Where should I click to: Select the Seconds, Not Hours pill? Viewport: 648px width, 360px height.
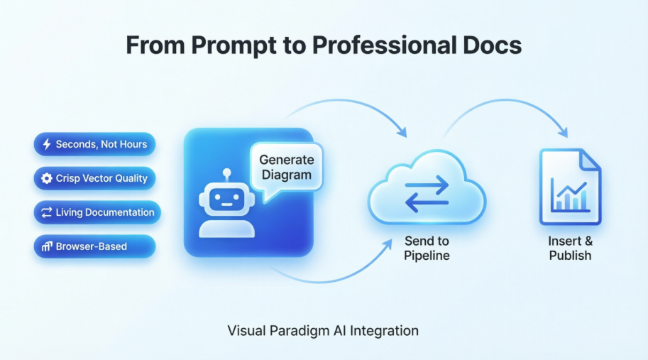pos(94,145)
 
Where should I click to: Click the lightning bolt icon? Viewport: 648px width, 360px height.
pos(48,145)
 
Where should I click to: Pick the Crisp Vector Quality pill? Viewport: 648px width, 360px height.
pos(94,178)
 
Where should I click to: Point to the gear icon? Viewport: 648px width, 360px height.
pos(47,178)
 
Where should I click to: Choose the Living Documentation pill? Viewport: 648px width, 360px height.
pos(97,212)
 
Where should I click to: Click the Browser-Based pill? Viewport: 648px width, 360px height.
pos(94,246)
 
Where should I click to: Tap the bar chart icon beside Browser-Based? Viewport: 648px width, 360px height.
pos(47,246)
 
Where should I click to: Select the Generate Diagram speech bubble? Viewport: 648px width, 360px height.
pos(286,168)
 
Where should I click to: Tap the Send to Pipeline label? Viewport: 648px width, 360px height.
pos(427,248)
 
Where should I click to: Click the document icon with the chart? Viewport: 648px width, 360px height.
pos(570,186)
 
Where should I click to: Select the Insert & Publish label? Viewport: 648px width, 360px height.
pos(570,248)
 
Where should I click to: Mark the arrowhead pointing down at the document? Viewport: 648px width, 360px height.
pos(565,132)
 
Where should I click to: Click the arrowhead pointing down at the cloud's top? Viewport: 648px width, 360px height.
pos(402,132)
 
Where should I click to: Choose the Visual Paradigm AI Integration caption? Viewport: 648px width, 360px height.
pos(323,331)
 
